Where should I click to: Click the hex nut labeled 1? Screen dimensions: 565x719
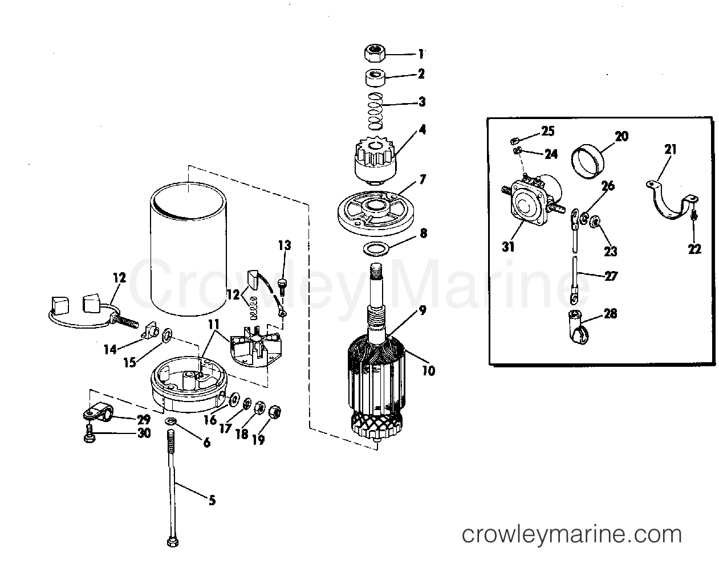[373, 54]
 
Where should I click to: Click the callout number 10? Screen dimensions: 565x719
[428, 371]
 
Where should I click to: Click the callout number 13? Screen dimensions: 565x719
[285, 245]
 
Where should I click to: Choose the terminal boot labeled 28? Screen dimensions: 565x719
[577, 328]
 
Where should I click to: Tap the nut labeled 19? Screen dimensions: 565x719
[274, 410]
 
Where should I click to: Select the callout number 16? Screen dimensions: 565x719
[209, 420]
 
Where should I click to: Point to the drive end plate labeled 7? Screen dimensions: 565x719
[373, 210]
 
